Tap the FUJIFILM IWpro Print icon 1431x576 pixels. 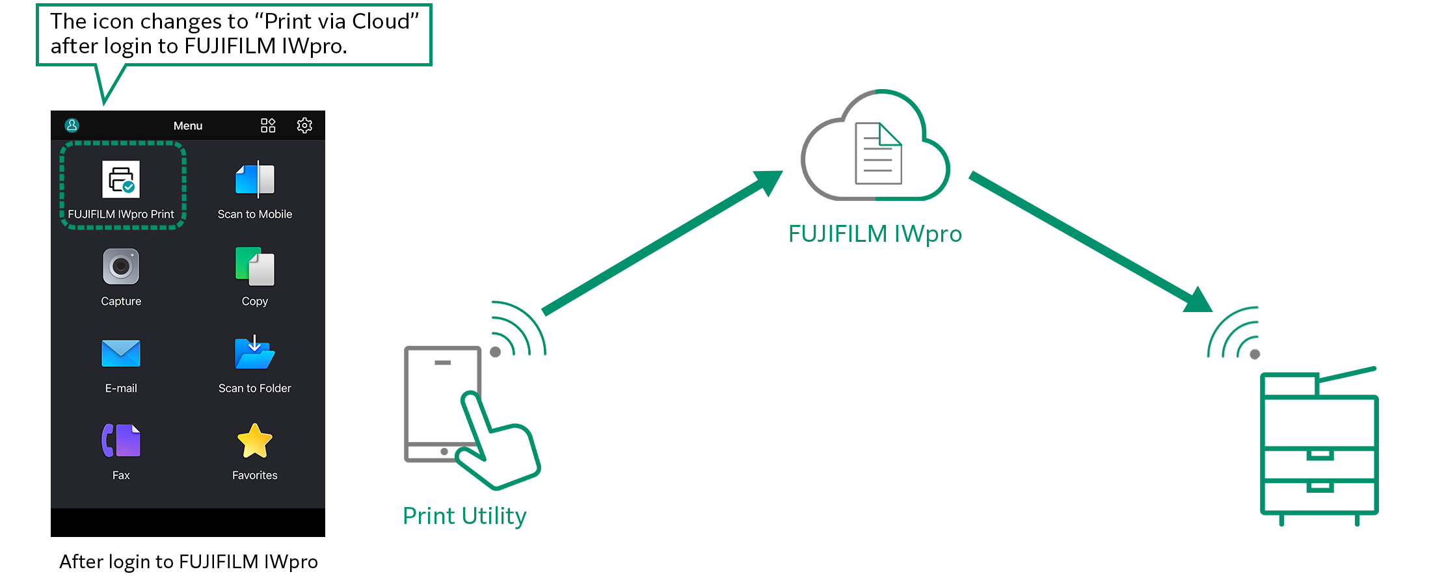point(121,179)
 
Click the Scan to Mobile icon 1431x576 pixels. point(255,179)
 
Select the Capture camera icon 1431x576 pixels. point(121,267)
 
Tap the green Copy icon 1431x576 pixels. point(255,267)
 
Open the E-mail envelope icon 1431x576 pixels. point(121,354)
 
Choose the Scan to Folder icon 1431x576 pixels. point(255,353)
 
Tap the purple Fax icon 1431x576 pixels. point(121,441)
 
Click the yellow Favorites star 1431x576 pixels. point(255,441)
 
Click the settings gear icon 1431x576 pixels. point(304,125)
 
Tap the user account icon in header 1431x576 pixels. point(72,125)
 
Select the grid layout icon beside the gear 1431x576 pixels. point(268,125)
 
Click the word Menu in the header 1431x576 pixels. point(188,126)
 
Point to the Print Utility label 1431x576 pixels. point(464,516)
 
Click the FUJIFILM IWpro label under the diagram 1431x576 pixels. point(875,234)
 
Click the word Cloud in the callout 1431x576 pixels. point(381,21)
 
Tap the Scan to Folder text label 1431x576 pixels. point(255,388)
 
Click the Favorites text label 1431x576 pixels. point(255,475)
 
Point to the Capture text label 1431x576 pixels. point(121,301)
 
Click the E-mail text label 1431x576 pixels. point(121,388)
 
